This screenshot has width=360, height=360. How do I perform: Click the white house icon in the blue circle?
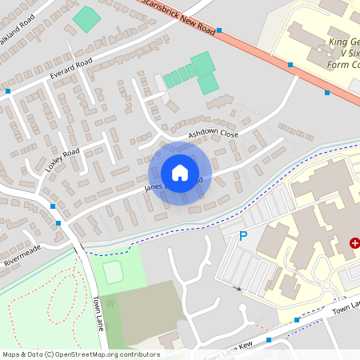180,173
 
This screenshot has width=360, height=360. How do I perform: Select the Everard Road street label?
71,69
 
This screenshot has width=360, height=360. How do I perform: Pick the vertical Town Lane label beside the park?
98,307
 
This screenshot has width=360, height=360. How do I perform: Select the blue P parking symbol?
244,237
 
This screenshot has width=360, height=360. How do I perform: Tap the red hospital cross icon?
354,242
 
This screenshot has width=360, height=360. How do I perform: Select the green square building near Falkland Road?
86,18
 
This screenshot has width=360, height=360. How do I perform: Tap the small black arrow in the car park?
236,287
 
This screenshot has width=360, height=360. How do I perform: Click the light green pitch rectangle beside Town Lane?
114,272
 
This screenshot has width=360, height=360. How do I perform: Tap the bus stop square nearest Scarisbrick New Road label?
218,31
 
